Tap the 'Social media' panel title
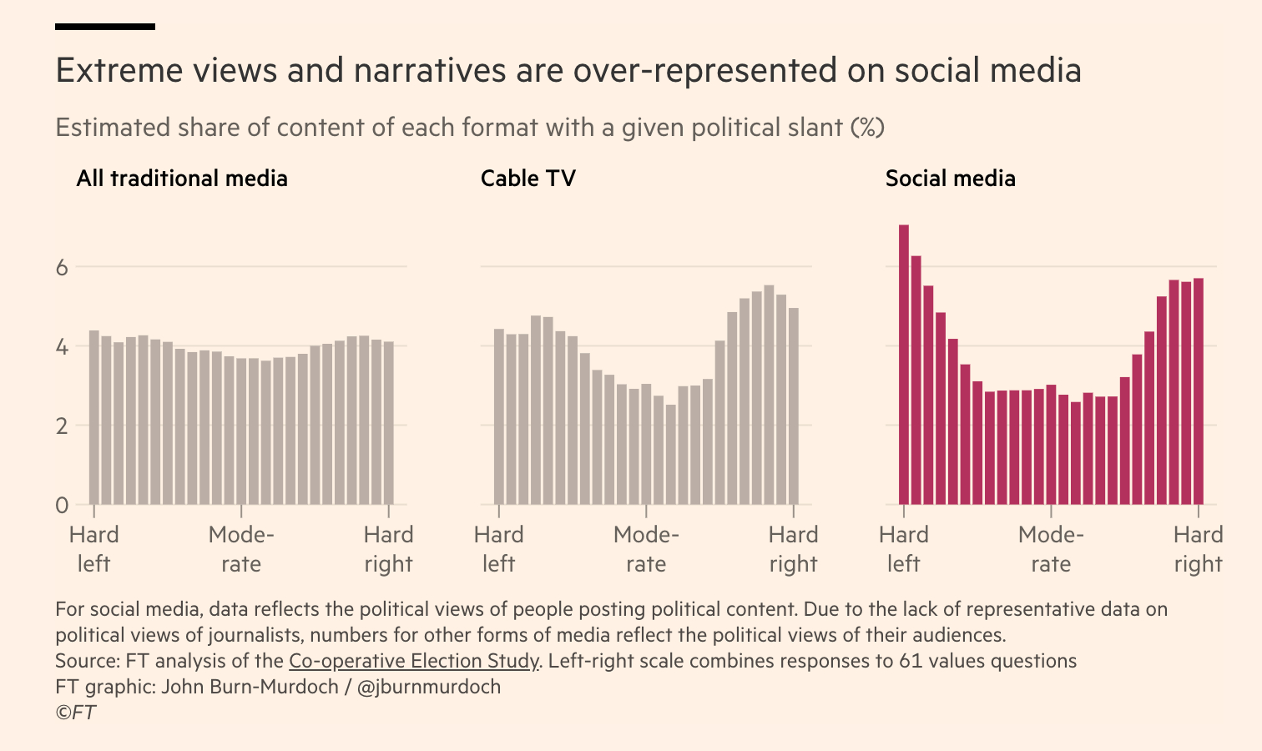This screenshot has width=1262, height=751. coord(950,179)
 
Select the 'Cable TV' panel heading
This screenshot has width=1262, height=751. coord(528,179)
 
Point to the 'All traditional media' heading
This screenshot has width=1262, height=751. coord(182,179)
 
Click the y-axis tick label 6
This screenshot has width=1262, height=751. coord(62,268)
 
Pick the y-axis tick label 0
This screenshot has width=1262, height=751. coord(62,505)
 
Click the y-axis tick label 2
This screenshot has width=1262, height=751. coord(62,426)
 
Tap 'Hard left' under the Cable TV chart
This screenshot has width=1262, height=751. coord(498,549)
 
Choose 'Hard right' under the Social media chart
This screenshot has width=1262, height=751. coord(1198,549)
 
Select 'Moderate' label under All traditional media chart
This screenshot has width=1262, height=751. coord(241,549)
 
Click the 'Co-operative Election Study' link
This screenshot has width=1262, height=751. coord(413,661)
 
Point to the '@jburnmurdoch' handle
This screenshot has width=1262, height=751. coord(429,687)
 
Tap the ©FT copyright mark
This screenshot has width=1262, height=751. coord(75,712)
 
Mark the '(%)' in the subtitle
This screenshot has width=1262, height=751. coord(867,128)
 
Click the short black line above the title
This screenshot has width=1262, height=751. coord(105,27)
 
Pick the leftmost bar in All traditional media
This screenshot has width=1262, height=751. coord(94,417)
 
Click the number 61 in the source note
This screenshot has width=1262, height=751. coord(910,661)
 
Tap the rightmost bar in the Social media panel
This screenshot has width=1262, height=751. coord(1199,391)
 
